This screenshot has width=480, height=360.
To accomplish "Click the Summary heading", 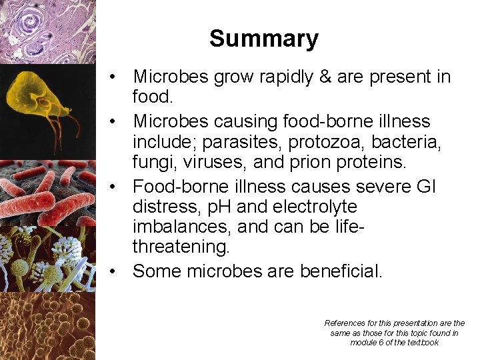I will point(263,39).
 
